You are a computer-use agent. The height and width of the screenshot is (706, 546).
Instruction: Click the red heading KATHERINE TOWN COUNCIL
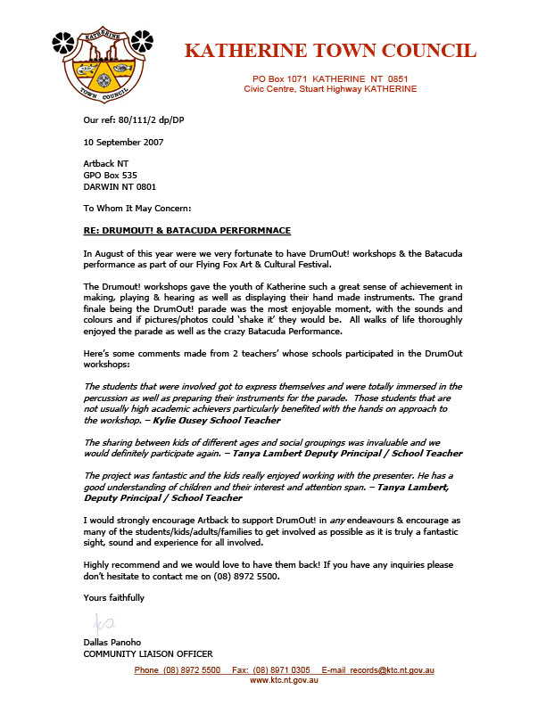click(x=330, y=51)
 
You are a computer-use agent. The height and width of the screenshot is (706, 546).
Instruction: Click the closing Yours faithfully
click(x=113, y=597)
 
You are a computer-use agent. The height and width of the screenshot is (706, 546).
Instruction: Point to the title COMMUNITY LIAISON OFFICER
click(x=147, y=654)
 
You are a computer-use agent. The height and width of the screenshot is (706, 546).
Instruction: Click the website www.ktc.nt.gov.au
click(x=284, y=679)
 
